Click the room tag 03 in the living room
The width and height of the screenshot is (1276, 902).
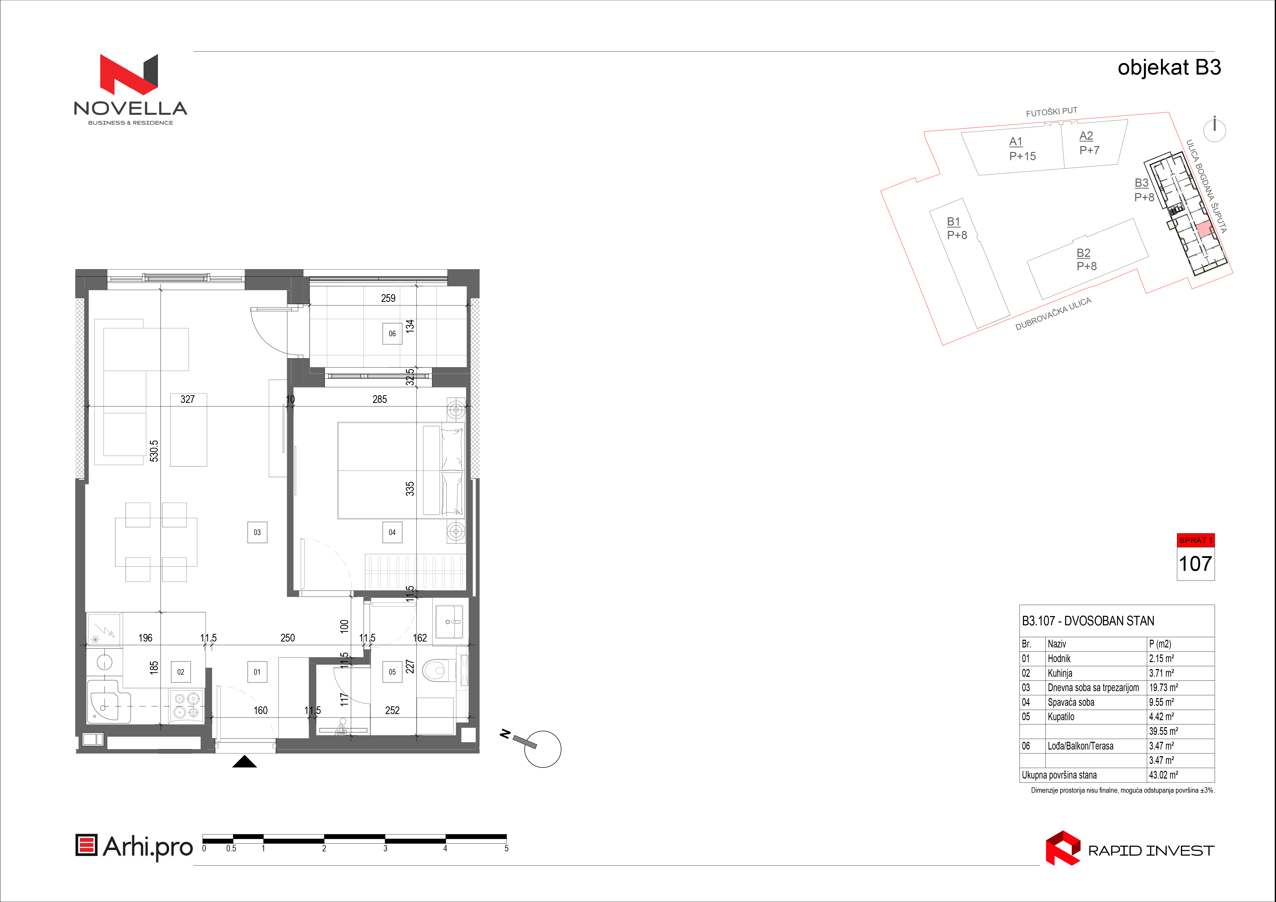[257, 532]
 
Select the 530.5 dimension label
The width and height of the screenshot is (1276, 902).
[154, 451]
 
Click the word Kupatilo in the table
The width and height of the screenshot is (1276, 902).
[1061, 717]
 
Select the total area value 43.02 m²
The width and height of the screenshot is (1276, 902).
[1163, 775]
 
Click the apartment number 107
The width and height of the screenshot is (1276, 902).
[1195, 564]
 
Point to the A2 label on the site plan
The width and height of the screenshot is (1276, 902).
[1086, 136]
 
